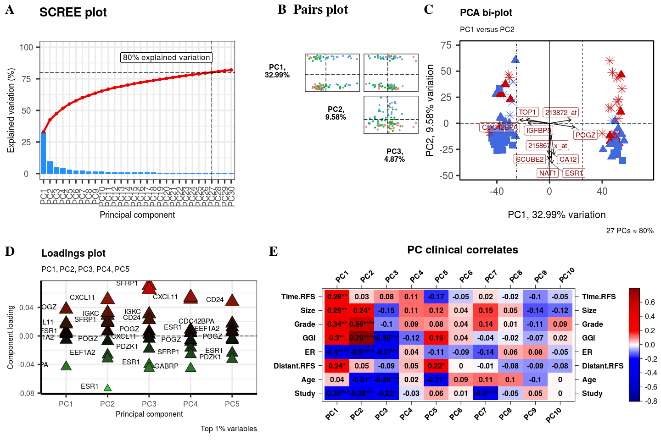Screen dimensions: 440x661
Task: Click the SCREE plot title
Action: [x=73, y=12]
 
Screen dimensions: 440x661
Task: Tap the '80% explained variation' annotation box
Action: [x=166, y=57]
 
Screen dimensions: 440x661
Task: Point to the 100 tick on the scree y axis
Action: [x=27, y=47]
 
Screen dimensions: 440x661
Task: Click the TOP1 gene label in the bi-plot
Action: [x=527, y=112]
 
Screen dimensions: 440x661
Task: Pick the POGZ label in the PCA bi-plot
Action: [x=585, y=135]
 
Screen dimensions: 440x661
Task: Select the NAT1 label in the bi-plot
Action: [x=548, y=173]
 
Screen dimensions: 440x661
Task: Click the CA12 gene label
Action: [x=568, y=159]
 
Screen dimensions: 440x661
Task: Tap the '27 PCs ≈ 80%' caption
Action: [x=630, y=231]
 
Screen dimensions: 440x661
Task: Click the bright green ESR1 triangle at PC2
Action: [x=107, y=388]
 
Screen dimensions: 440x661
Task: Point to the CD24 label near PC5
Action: [x=215, y=300]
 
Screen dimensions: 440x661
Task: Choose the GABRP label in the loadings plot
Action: [x=167, y=366]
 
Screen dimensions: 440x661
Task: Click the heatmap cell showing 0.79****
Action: [x=362, y=338]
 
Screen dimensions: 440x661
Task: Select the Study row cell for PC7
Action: [x=486, y=393]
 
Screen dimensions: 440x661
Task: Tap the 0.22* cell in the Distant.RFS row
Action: [x=436, y=366]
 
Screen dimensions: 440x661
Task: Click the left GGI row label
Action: [x=309, y=338]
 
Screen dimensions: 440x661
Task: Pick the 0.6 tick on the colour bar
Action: [x=650, y=302]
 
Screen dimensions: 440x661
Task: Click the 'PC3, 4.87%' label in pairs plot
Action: [x=394, y=155]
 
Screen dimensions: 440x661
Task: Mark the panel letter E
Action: [x=273, y=251]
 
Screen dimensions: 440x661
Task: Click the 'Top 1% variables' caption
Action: [x=229, y=429]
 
